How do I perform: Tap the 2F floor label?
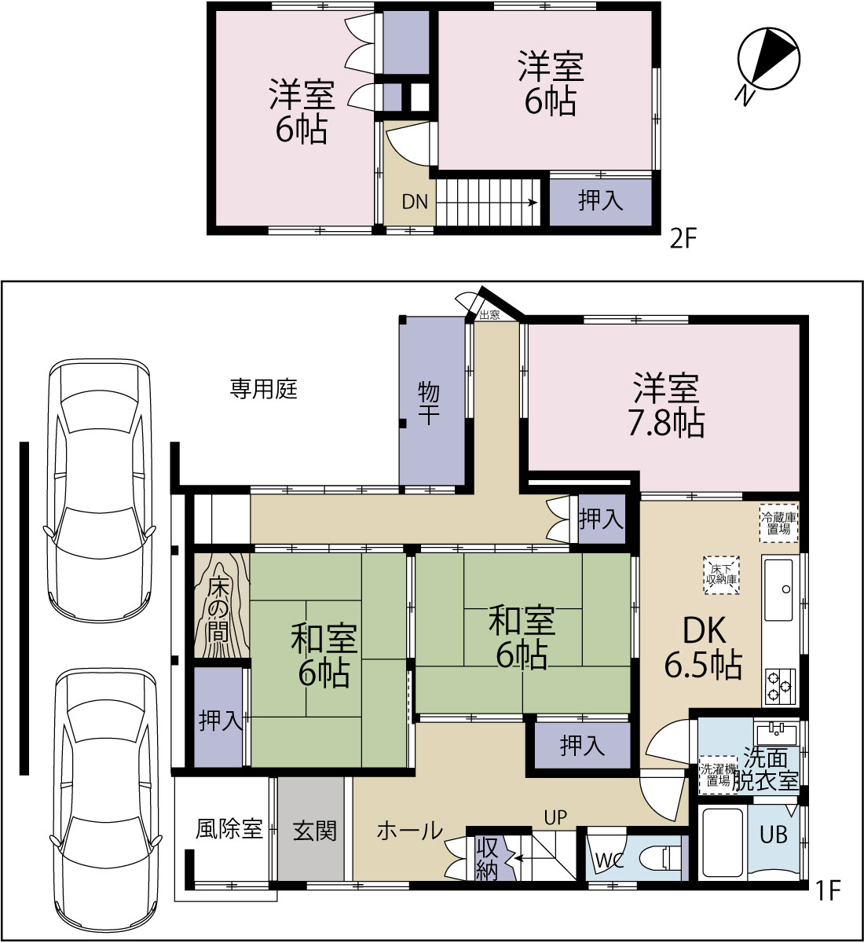(x=682, y=239)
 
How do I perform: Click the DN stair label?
(x=415, y=202)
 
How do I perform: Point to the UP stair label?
(x=555, y=818)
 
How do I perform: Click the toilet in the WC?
(x=663, y=858)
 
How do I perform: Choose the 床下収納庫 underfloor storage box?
(x=721, y=575)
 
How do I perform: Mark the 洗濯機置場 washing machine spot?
(x=719, y=775)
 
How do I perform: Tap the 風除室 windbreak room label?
(x=229, y=829)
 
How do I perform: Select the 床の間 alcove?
(x=221, y=605)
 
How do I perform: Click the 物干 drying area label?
(x=429, y=403)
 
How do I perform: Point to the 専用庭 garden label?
(x=263, y=389)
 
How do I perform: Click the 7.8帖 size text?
(x=667, y=424)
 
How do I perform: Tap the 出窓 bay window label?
(x=489, y=314)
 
